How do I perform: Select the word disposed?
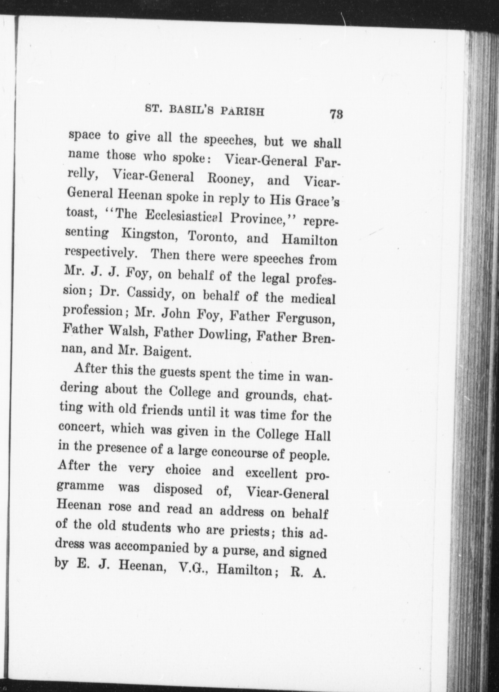point(178,490)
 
